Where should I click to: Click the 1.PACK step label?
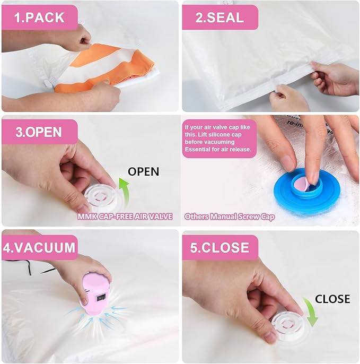(39, 18)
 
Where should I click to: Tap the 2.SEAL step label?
(219, 18)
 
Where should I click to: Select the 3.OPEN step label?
(39, 132)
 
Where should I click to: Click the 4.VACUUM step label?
(39, 247)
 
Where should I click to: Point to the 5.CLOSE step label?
(219, 247)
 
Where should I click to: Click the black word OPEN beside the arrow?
(144, 171)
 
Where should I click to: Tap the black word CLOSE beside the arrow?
(332, 299)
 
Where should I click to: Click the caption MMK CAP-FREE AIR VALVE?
(125, 216)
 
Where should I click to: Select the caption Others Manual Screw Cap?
(230, 216)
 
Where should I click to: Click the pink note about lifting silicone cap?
(219, 138)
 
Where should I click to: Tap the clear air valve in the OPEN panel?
(101, 197)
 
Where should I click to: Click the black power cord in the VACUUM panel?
(30, 267)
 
